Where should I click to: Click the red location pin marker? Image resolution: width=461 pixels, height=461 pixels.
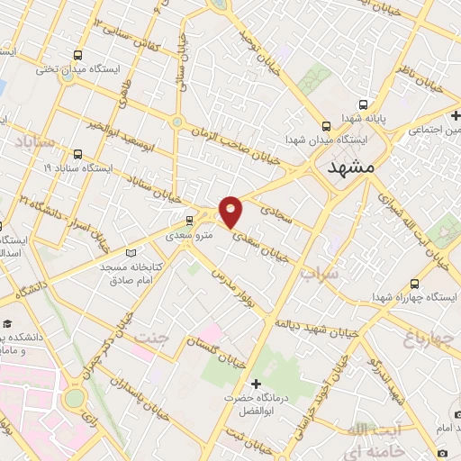click(x=232, y=211)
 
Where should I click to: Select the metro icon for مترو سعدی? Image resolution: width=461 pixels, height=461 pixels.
click(x=189, y=219)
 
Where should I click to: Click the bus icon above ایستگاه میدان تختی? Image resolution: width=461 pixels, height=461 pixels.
click(x=78, y=55)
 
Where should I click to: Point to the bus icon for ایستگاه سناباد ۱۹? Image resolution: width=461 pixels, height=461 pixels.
click(x=78, y=154)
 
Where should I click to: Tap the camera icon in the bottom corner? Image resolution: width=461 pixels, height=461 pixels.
click(x=443, y=452)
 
